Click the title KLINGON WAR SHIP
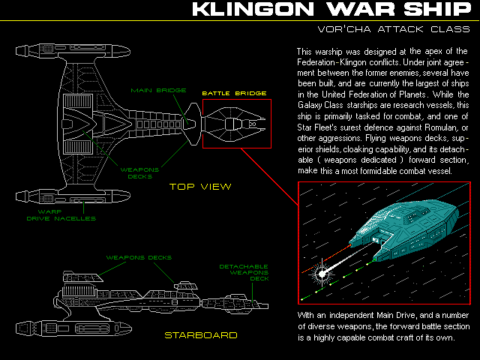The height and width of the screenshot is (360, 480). [x=330, y=10]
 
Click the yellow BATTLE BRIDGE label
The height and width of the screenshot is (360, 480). [x=234, y=94]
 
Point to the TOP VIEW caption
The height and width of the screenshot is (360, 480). [x=199, y=186]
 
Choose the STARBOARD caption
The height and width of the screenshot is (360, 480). [x=200, y=334]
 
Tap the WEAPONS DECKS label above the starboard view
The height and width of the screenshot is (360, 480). [x=139, y=257]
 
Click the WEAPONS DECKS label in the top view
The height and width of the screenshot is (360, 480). [x=140, y=173]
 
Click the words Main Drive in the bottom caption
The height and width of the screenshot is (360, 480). [x=389, y=314]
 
